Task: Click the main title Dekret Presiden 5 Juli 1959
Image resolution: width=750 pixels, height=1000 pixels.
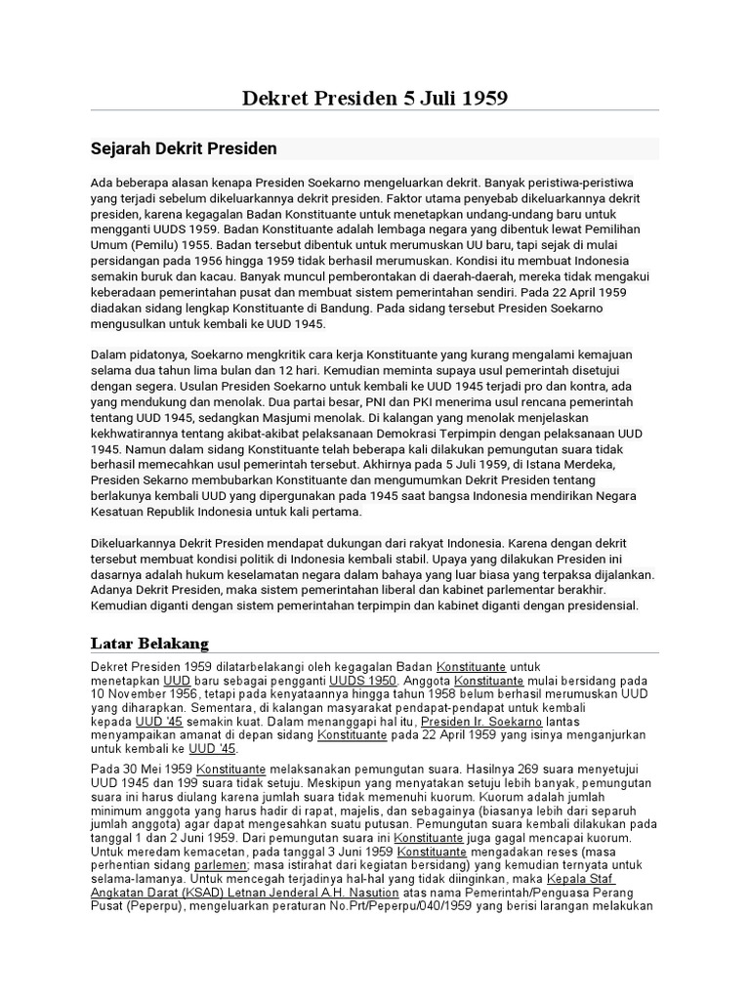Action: point(375,99)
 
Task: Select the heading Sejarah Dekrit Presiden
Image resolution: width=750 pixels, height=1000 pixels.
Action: point(184,148)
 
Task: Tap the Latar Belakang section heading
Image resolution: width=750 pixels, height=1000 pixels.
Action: point(149,643)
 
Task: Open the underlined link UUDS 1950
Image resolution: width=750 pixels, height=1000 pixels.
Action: point(362,681)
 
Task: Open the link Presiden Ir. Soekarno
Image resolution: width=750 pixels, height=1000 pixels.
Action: point(468,722)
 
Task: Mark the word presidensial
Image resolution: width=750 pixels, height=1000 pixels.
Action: point(594,605)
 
